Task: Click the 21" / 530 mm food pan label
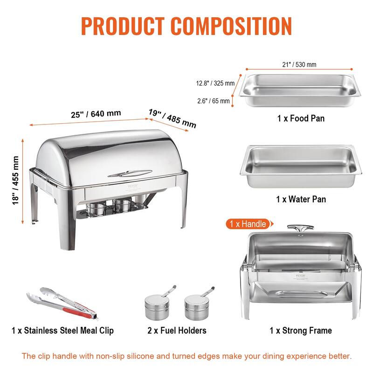click(x=295, y=65)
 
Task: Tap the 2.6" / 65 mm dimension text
click(x=213, y=100)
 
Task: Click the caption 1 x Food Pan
click(x=301, y=118)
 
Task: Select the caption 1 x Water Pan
click(x=301, y=199)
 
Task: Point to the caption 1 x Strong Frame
click(x=301, y=331)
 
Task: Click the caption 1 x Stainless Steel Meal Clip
click(x=62, y=331)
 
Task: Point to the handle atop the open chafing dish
click(x=296, y=228)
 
